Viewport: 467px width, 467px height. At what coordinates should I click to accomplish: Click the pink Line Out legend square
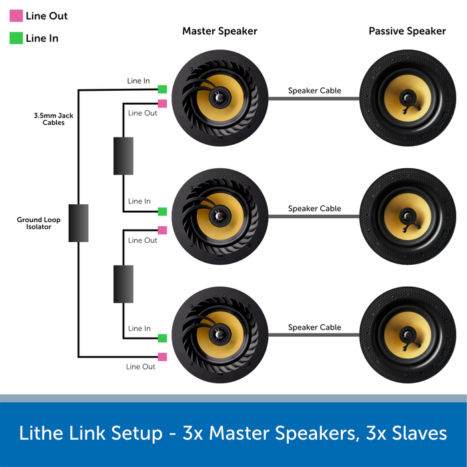(16, 16)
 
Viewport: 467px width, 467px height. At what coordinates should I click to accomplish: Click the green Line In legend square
(16, 39)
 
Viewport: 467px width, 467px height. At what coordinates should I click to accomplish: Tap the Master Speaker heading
(219, 31)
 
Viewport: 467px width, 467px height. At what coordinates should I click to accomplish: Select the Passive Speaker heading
(407, 31)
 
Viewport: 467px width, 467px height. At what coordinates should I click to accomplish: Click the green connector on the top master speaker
(162, 89)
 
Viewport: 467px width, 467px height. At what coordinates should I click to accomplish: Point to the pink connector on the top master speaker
(162, 103)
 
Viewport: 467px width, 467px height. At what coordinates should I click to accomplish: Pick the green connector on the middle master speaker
(162, 211)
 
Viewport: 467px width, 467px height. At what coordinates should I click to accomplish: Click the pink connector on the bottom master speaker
(162, 356)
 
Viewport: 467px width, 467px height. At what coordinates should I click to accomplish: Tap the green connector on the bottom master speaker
(162, 339)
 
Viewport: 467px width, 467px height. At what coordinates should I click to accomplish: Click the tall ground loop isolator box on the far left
(78, 223)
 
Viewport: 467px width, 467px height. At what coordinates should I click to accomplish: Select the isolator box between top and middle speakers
(123, 156)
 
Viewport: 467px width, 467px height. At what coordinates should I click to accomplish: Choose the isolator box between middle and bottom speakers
(123, 284)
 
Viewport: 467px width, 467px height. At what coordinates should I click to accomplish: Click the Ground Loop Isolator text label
(34, 223)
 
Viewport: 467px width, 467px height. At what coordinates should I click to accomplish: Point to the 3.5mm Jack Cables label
(53, 119)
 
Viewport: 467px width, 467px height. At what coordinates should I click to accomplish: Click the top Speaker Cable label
(314, 91)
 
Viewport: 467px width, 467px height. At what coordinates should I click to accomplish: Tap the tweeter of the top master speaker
(217, 97)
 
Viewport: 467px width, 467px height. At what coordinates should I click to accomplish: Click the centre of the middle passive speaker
(406, 216)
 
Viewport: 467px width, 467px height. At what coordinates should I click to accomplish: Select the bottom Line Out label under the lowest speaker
(141, 367)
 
